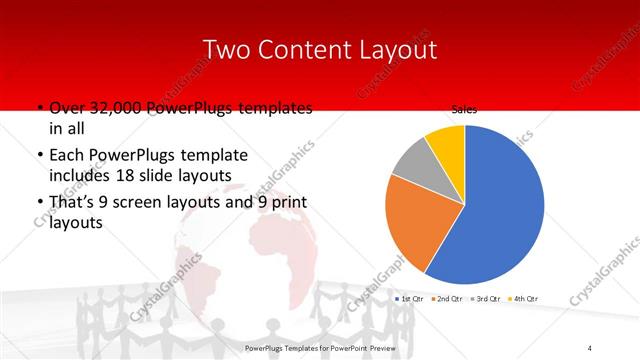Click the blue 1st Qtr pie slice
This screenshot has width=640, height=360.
tap(495, 210)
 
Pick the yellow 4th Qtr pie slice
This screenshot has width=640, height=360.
tap(447, 143)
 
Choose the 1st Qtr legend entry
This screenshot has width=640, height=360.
tap(411, 299)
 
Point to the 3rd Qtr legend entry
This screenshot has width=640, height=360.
tap(487, 299)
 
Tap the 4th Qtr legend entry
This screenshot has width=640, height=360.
tap(525, 299)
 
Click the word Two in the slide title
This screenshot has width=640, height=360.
tap(226, 49)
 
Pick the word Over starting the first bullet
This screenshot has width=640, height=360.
tap(65, 108)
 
